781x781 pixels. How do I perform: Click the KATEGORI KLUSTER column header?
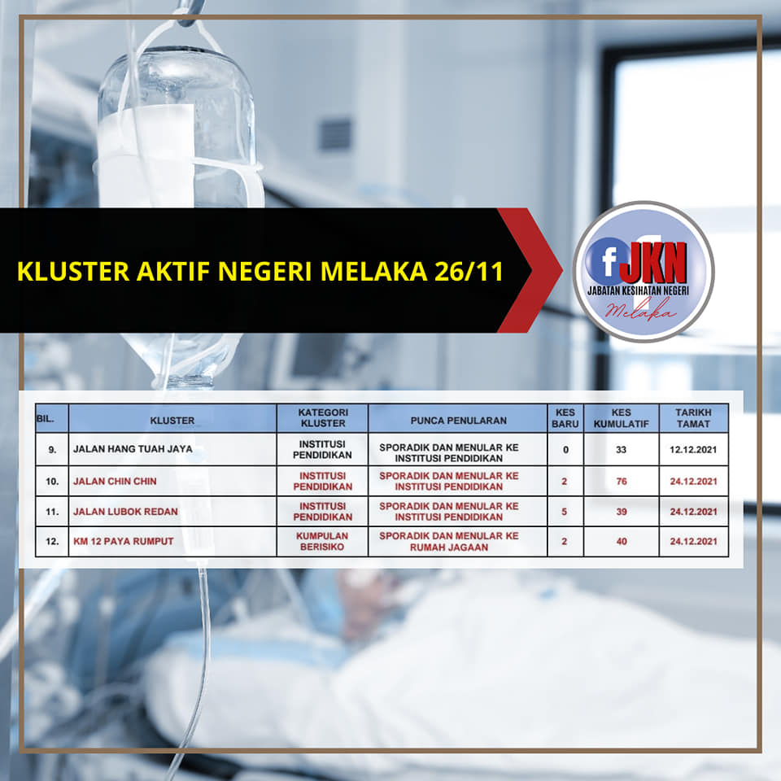(x=323, y=418)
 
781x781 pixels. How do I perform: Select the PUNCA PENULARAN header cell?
(x=458, y=421)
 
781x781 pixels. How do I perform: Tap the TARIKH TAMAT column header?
(x=693, y=418)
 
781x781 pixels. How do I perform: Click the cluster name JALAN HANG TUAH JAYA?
(x=133, y=449)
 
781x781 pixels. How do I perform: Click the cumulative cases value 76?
(x=621, y=481)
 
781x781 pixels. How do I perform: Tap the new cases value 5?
(x=565, y=512)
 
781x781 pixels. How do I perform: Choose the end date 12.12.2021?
(x=693, y=450)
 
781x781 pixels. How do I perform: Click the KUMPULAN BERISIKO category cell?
(x=322, y=542)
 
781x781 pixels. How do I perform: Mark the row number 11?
(x=52, y=512)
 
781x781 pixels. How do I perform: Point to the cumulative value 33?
(x=621, y=450)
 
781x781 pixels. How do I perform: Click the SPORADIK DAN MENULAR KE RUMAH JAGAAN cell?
(x=449, y=542)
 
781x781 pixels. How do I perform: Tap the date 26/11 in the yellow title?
(x=469, y=272)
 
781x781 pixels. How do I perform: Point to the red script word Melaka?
(x=641, y=310)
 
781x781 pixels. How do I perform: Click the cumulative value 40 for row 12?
(x=621, y=542)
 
